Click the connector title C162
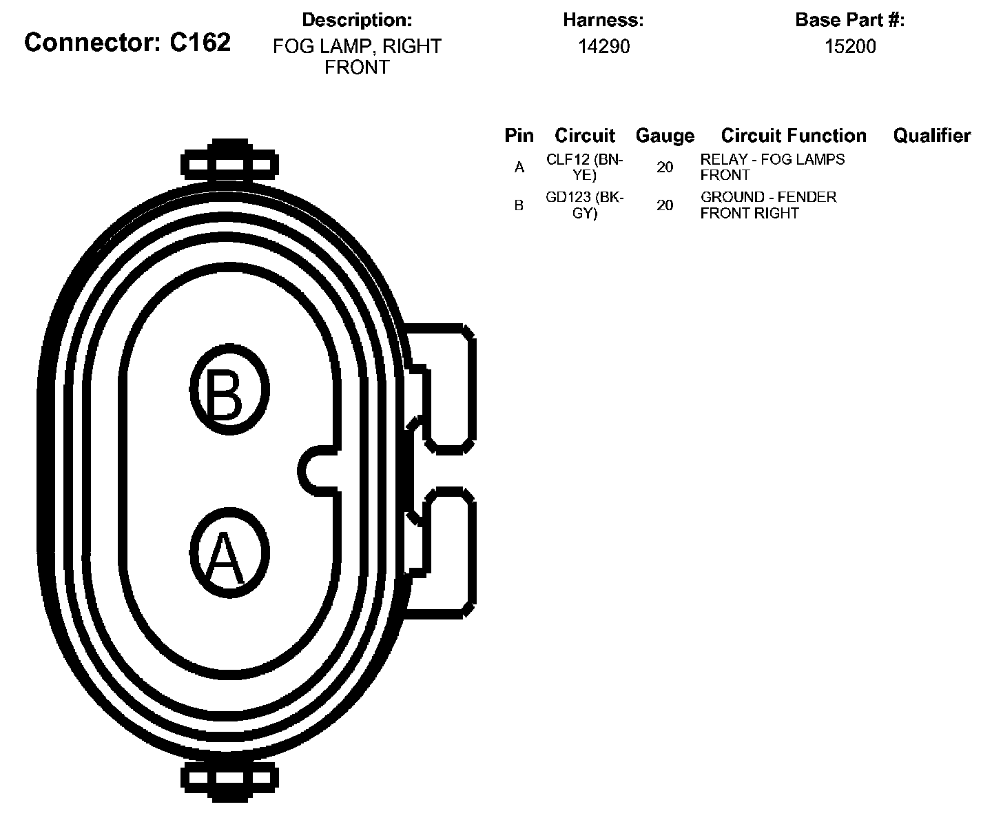(127, 43)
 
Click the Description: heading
(357, 20)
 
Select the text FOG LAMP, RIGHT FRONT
(357, 57)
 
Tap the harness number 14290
(603, 46)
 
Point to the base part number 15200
(850, 46)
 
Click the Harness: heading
(603, 20)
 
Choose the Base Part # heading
(850, 20)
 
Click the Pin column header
(519, 136)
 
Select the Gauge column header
(665, 136)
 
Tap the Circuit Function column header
(794, 136)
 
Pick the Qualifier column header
(931, 136)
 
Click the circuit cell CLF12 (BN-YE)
(584, 167)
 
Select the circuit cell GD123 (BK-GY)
(584, 205)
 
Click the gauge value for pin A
(665, 167)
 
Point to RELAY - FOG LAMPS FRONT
(772, 167)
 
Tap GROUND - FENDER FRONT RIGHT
(768, 205)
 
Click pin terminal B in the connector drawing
(229, 390)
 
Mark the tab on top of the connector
(229, 163)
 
